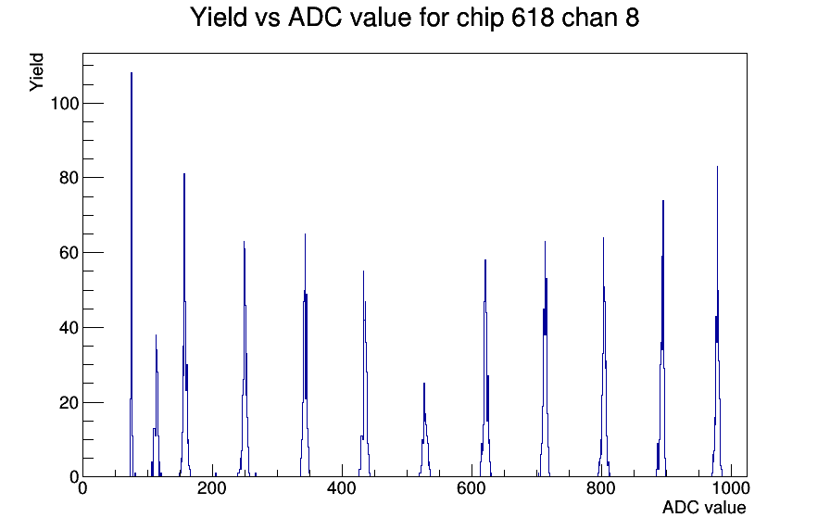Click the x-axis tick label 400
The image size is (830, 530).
pyautogui.click(x=342, y=488)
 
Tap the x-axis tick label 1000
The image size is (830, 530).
pyautogui.click(x=731, y=488)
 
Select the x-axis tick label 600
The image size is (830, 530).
pyautogui.click(x=472, y=488)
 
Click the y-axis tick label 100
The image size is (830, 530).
pyautogui.click(x=65, y=104)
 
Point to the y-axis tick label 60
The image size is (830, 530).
pyautogui.click(x=69, y=253)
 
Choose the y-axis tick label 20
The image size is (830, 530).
pyautogui.click(x=69, y=403)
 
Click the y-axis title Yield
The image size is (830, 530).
pyautogui.click(x=36, y=72)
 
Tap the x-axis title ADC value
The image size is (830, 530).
pyautogui.click(x=704, y=507)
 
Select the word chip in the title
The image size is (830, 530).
pyautogui.click(x=480, y=19)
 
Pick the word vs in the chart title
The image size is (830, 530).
pyautogui.click(x=268, y=19)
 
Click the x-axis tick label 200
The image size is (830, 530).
pyautogui.click(x=212, y=488)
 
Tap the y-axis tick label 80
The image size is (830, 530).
pyautogui.click(x=69, y=178)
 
